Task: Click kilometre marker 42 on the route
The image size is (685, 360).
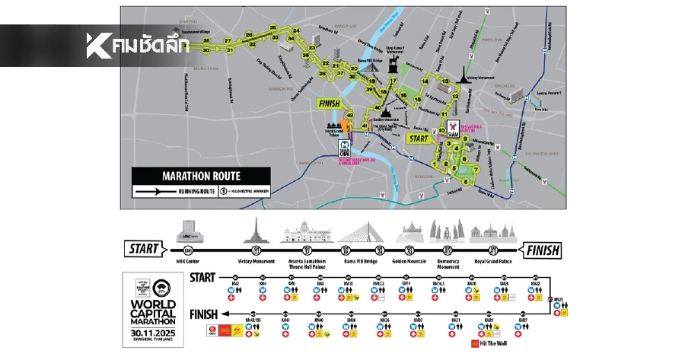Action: click(351, 113)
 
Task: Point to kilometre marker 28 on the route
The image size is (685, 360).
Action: click(206, 40)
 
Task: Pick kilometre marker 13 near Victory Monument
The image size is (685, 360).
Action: click(445, 81)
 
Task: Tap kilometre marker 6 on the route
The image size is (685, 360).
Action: click(466, 181)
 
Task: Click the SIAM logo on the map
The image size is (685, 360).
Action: click(452, 129)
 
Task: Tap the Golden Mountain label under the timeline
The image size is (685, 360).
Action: click(410, 263)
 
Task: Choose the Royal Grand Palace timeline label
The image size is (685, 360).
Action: click(493, 263)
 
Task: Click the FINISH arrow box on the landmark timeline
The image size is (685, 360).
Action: click(541, 250)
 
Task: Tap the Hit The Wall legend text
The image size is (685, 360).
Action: click(495, 343)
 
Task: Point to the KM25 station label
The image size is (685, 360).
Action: click(558, 300)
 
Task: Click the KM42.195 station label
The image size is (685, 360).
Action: click(253, 320)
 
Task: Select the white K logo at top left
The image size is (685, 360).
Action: click(97, 46)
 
